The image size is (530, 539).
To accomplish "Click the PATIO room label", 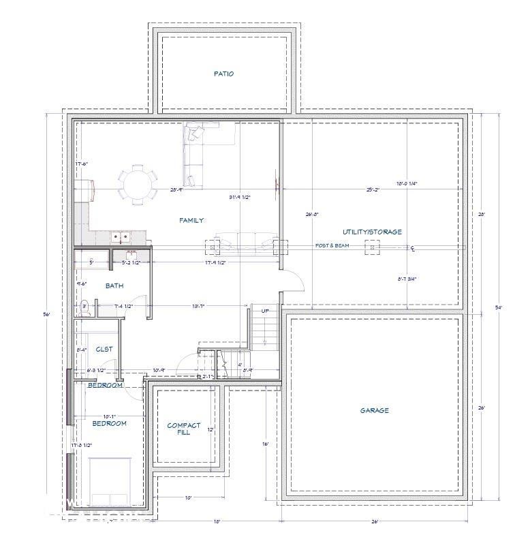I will pyautogui.click(x=223, y=74).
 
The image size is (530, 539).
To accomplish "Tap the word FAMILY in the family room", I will pyautogui.click(x=191, y=220).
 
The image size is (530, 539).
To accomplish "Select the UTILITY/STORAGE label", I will pyautogui.click(x=372, y=232).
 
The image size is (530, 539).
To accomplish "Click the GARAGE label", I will pyautogui.click(x=374, y=410).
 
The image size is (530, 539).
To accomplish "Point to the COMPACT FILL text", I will pyautogui.click(x=184, y=429).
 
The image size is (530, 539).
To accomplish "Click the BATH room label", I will pyautogui.click(x=114, y=286).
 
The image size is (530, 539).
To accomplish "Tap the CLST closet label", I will pyautogui.click(x=104, y=349).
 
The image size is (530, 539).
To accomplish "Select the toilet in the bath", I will pyautogui.click(x=85, y=307).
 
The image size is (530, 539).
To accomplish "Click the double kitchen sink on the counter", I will pyautogui.click(x=121, y=237).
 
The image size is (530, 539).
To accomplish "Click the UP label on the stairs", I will pyautogui.click(x=266, y=311).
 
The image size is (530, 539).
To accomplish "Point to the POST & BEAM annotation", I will pyautogui.click(x=332, y=245).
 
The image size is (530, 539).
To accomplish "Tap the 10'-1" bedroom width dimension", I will pyautogui.click(x=109, y=416).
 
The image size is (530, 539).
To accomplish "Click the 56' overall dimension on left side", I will pyautogui.click(x=46, y=314).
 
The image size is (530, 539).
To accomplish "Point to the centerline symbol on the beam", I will pyautogui.click(x=413, y=249).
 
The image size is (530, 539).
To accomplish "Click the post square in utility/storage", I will pyautogui.click(x=373, y=247).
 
